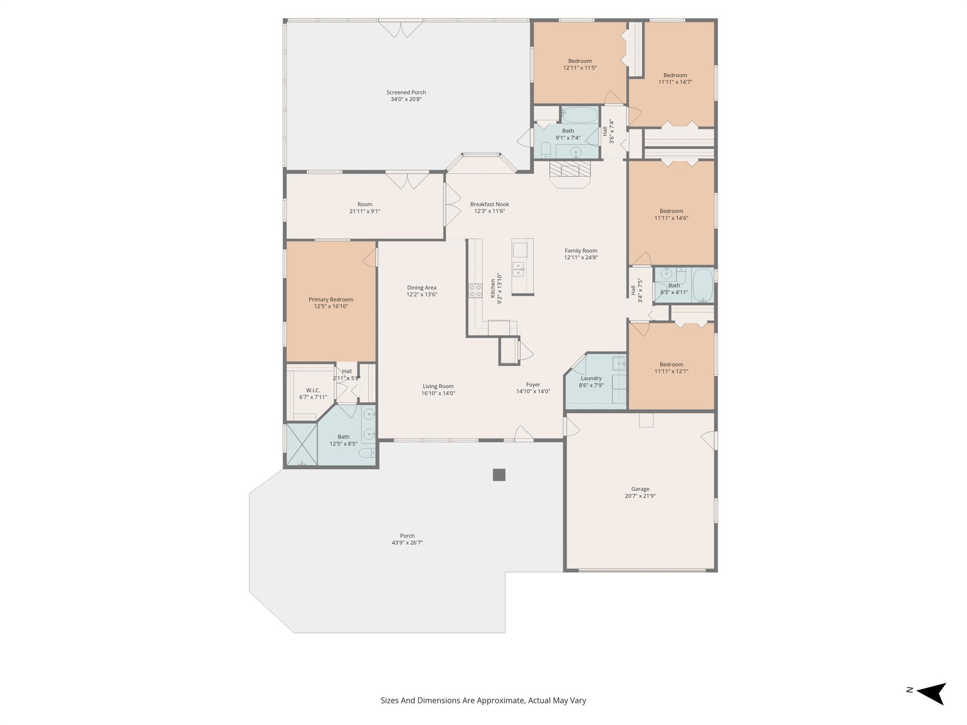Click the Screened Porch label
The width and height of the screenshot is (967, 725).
pos(406,93)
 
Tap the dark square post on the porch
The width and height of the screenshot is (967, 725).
pos(499,475)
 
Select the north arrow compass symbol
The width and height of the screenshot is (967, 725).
pos(931,693)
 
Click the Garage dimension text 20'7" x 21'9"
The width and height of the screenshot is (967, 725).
pos(640,496)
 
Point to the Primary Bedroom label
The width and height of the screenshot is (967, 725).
pos(331,300)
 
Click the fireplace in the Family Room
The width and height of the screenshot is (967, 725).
pos(570,170)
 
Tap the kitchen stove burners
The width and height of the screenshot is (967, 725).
pos(475,290)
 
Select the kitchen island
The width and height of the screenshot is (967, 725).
pos(523,267)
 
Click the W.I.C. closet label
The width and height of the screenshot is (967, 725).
pos(313,390)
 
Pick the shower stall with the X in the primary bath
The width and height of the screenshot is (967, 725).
pos(302,444)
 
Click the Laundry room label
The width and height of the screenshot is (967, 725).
pos(591,378)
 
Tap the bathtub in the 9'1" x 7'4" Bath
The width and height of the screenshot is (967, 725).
pos(580,115)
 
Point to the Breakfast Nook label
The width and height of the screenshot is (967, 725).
pos(490,204)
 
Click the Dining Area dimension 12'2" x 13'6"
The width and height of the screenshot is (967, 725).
pos(422,295)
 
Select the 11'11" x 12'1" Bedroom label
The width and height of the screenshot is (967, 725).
pos(671,364)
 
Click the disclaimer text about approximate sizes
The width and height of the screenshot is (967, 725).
pos(483,700)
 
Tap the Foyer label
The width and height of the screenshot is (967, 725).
pos(533,385)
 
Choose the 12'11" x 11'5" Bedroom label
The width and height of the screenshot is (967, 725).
pos(580,61)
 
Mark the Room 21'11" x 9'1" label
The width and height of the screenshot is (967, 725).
pos(365,204)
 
